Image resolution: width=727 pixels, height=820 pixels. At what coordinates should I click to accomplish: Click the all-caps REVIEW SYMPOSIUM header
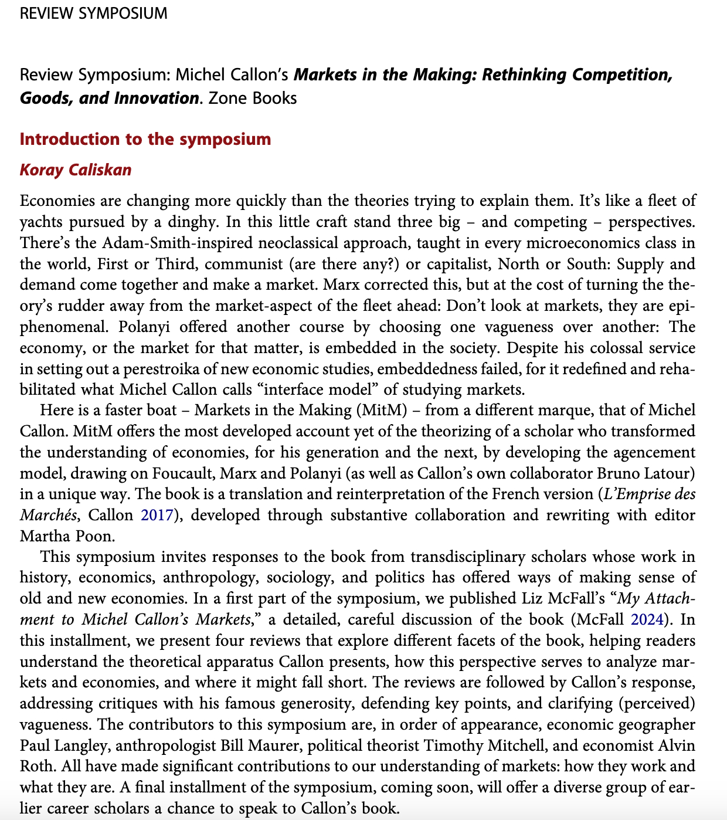pos(93,13)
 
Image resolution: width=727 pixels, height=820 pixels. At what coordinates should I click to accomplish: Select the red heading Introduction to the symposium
pos(145,139)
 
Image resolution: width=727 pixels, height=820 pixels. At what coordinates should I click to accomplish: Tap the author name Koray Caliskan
pos(76,170)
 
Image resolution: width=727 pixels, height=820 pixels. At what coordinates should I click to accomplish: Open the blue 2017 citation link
pos(157,515)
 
